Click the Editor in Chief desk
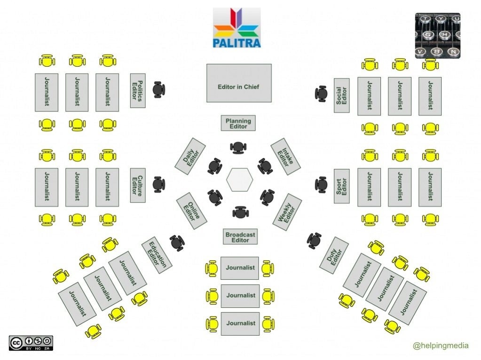[239, 83]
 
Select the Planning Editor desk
[238, 123]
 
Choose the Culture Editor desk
[137, 185]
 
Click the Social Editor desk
[342, 95]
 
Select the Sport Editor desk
[342, 186]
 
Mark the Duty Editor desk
[334, 255]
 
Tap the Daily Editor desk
[190, 156]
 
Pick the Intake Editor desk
[285, 156]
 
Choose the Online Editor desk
[192, 211]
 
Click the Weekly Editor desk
[287, 211]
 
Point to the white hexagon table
[240, 180]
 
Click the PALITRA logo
[237, 28]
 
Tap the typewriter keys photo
[437, 35]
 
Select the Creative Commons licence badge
[31, 343]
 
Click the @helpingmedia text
[441, 346]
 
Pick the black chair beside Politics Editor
[159, 89]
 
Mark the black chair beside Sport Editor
[322, 184]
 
